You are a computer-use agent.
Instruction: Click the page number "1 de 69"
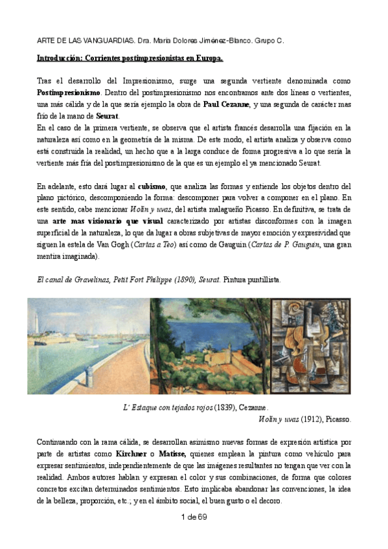[194, 515]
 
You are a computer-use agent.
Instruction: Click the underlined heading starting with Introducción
[130, 58]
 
